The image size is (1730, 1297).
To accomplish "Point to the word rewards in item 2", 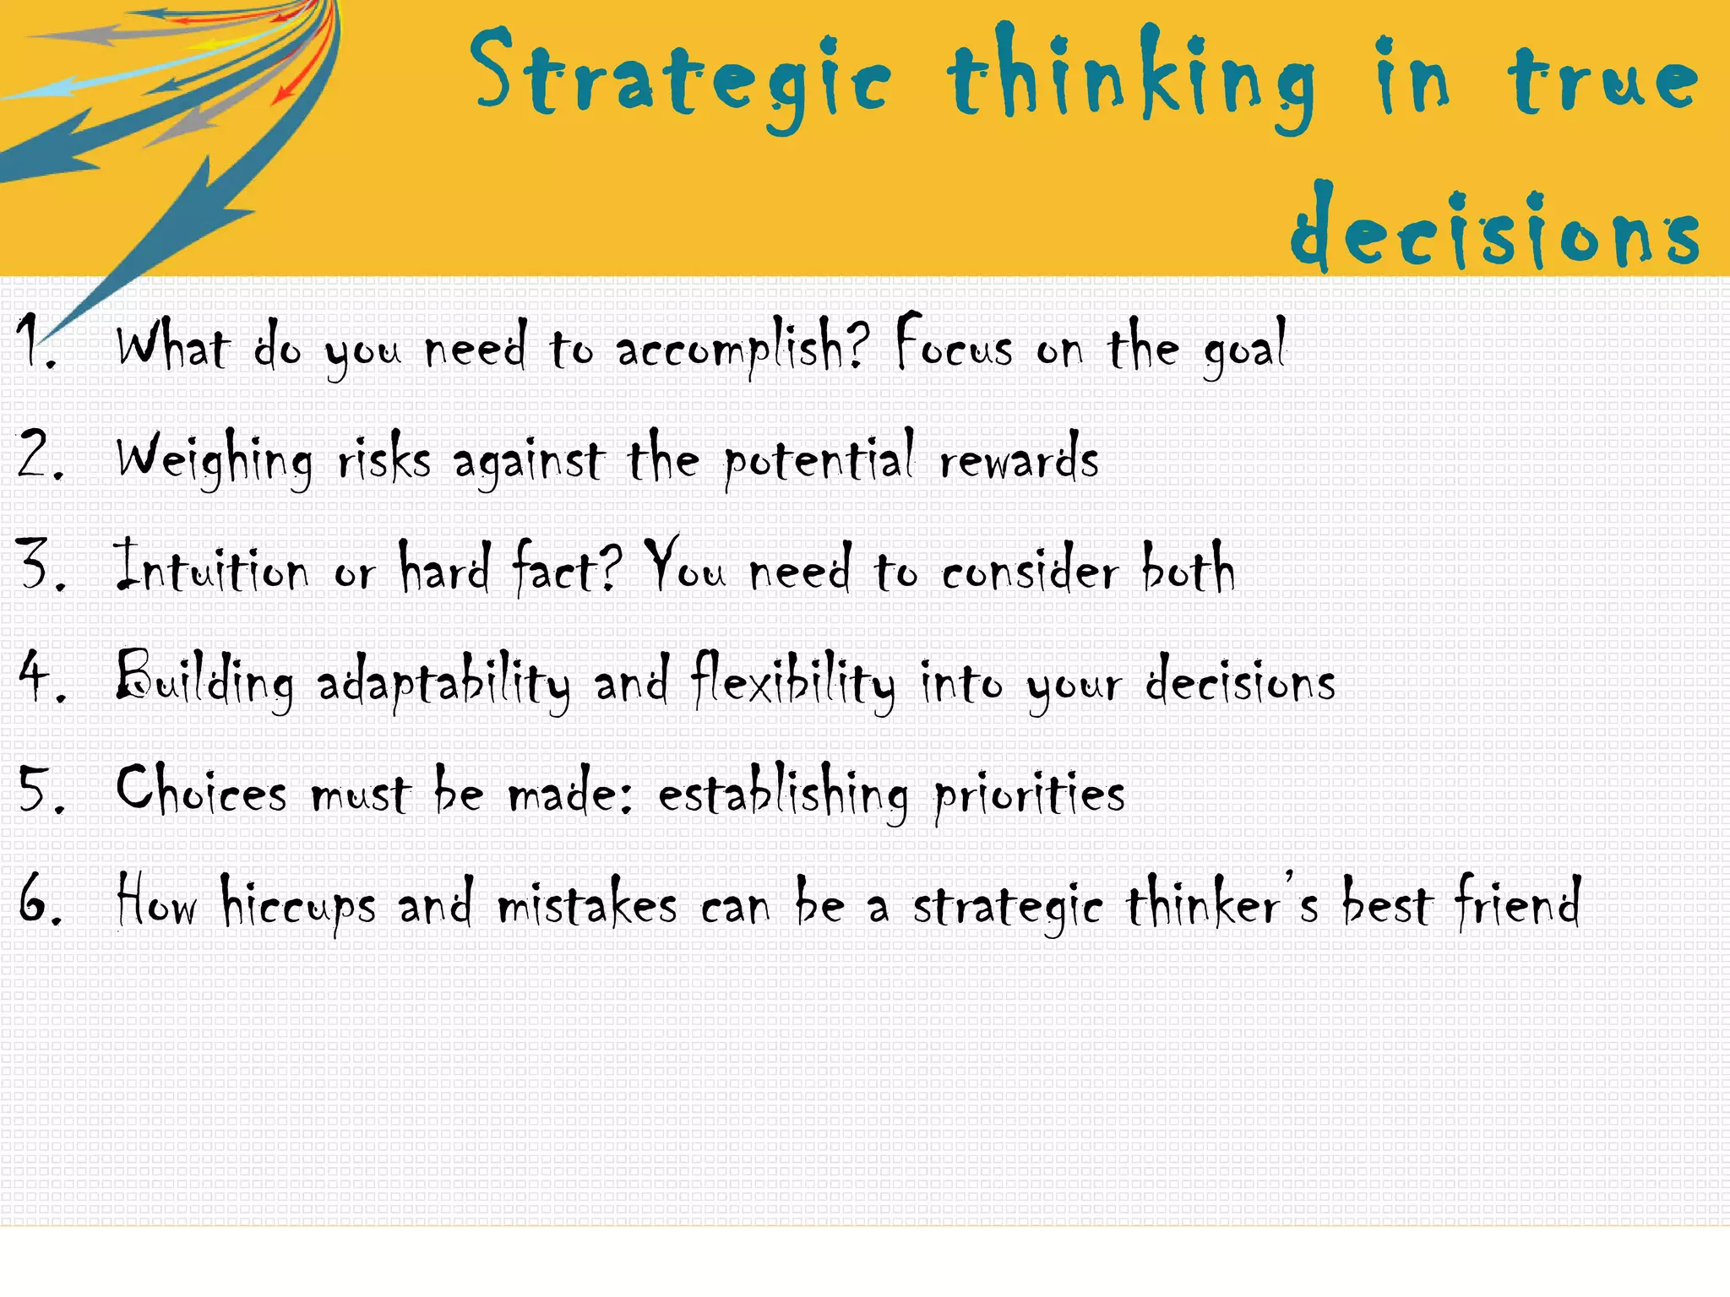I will click(1019, 461).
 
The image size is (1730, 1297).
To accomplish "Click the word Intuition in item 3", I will click(212, 569).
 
